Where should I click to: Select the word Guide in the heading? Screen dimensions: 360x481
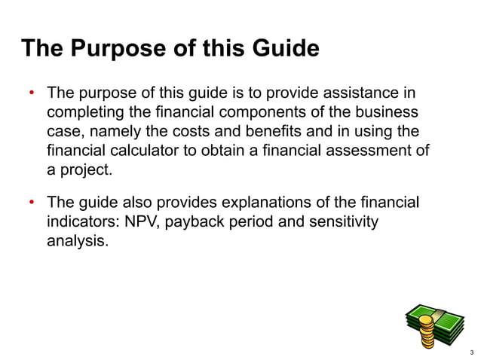click(281, 50)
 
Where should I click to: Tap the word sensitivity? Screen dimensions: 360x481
click(342, 223)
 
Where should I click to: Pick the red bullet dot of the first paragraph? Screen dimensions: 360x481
click(32, 95)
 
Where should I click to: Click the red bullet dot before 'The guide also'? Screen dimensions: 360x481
click(32, 204)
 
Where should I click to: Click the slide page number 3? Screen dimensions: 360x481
click(470, 351)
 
